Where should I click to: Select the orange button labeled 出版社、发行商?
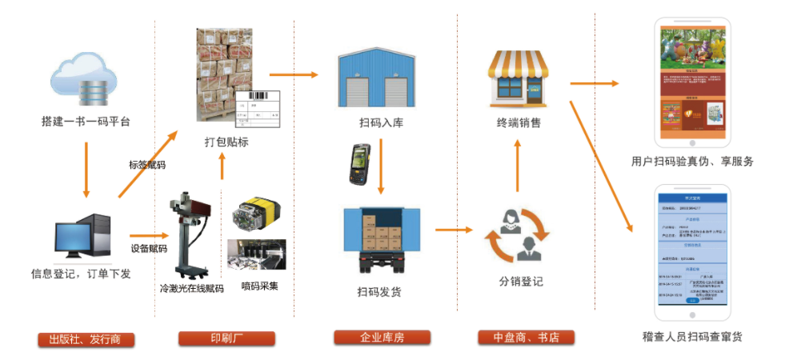[85, 338]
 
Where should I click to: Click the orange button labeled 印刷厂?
[226, 338]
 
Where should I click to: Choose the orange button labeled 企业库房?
[382, 338]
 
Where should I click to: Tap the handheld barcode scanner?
[356, 165]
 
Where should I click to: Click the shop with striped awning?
[519, 77]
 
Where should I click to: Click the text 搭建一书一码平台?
[86, 122]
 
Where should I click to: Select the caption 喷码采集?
[259, 286]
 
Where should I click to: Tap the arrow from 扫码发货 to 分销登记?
[455, 231]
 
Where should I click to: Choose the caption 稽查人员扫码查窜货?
[692, 337]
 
